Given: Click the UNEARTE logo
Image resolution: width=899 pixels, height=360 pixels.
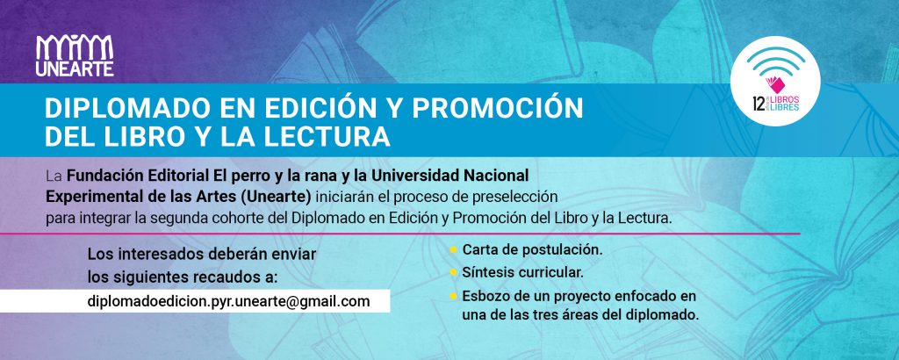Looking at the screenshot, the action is (x=75, y=55).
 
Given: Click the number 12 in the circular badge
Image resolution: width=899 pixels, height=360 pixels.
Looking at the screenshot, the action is (x=758, y=104).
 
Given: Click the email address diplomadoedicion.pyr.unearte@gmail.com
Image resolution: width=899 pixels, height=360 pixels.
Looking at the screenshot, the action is (x=229, y=301).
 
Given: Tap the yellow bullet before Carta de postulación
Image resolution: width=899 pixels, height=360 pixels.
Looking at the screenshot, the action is (x=453, y=250).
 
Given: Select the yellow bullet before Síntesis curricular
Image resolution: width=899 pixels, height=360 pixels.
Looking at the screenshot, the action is (x=453, y=272).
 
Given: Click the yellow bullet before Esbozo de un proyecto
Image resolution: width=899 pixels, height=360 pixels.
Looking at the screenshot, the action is (x=453, y=297).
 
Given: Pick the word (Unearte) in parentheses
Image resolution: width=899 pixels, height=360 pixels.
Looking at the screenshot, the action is (x=276, y=197).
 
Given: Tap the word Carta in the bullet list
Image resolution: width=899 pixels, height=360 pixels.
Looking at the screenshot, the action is (x=478, y=250).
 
